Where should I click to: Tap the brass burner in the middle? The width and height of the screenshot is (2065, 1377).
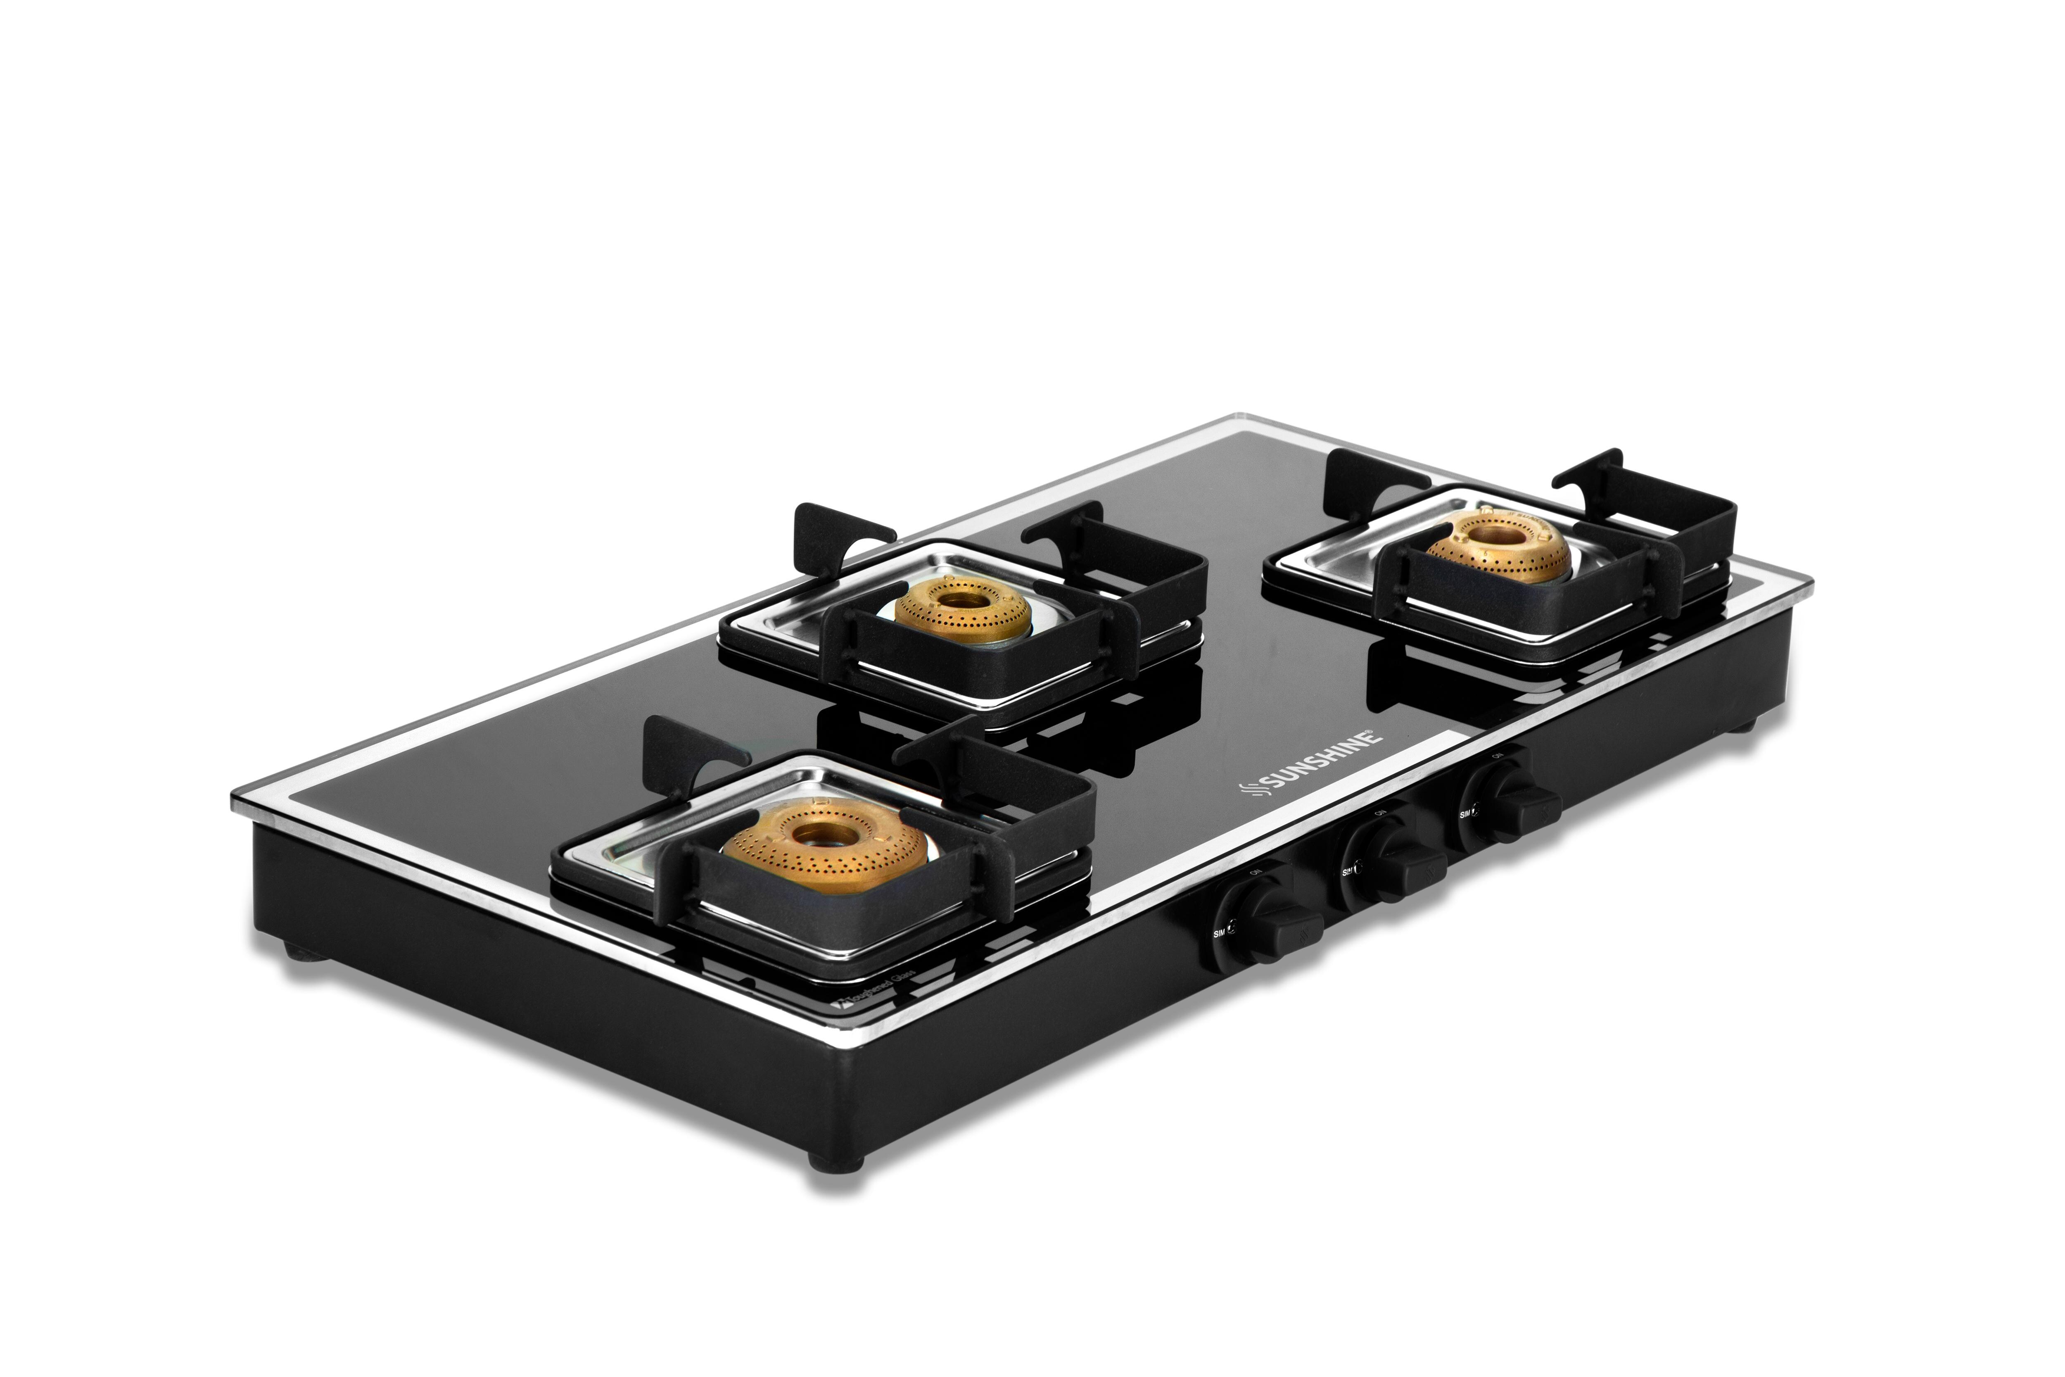pos(963,606)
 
